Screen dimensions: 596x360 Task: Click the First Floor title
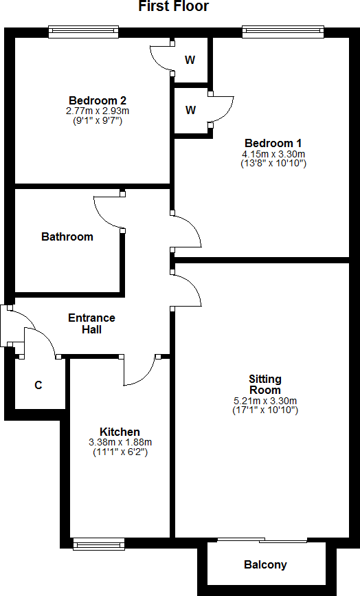tap(174, 7)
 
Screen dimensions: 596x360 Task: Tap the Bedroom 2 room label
tap(97, 100)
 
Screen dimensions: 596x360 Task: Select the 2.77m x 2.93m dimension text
tap(97, 110)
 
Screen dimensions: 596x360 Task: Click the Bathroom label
tap(67, 236)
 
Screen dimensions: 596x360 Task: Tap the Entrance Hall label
tap(91, 324)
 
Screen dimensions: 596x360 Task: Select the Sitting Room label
tap(265, 384)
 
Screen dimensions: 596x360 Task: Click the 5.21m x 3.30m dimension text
tap(265, 401)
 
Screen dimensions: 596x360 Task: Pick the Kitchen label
tap(120, 432)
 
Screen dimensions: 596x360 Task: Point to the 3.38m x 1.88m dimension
tap(120, 442)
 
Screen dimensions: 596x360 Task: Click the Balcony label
tap(265, 565)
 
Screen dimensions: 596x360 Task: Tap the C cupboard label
tap(38, 385)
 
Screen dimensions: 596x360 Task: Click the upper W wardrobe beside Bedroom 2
tap(190, 60)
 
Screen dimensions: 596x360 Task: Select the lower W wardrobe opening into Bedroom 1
tap(190, 110)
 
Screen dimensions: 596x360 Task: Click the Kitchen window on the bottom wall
tap(99, 545)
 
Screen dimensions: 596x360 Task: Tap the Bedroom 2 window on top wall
tap(83, 32)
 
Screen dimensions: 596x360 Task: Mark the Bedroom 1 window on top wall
tap(282, 32)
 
